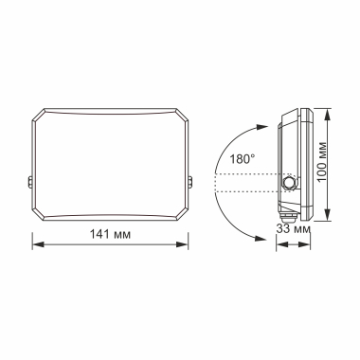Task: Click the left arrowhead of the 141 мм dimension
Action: pos(35,243)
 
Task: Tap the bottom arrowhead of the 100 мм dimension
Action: pos(328,220)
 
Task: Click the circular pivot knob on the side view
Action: pos(289,180)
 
